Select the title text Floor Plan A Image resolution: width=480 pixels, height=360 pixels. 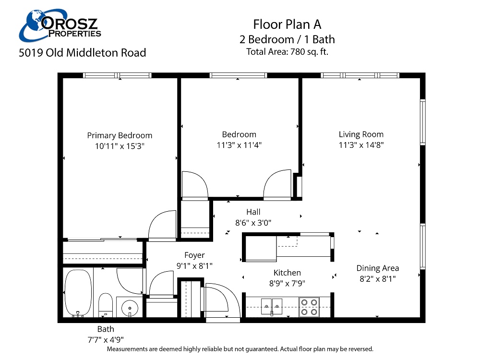(x=287, y=24)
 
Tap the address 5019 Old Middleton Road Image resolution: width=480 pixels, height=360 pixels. (x=82, y=53)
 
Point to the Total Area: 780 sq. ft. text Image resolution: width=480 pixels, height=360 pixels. (x=287, y=52)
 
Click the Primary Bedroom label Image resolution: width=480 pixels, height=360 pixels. (x=120, y=135)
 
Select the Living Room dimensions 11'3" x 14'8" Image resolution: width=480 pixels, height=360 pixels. (x=361, y=144)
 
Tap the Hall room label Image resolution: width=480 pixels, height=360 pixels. (x=253, y=212)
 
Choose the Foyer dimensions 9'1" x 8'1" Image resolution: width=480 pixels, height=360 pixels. (x=194, y=265)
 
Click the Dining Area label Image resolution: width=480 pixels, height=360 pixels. (x=377, y=268)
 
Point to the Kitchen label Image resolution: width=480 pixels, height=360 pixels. (x=287, y=273)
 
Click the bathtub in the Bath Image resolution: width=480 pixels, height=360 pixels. (x=78, y=293)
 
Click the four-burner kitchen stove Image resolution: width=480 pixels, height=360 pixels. (x=309, y=307)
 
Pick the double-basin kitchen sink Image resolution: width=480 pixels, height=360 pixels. (x=272, y=304)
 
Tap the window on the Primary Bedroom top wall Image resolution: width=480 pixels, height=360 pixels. (x=117, y=75)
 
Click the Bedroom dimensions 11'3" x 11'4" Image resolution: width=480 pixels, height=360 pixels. (x=239, y=144)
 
